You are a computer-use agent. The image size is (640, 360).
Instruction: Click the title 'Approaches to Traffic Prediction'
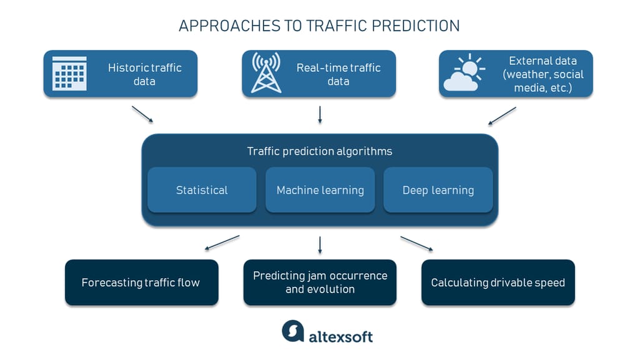[319, 26]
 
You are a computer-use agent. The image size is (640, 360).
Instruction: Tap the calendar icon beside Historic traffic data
[69, 74]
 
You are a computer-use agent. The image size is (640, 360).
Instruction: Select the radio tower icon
[266, 73]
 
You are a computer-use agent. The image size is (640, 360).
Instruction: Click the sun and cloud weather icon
[464, 74]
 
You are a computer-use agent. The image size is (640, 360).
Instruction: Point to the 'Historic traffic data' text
[144, 74]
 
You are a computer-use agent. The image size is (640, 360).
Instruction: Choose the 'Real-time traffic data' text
[338, 74]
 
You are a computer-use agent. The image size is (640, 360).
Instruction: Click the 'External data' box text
[543, 74]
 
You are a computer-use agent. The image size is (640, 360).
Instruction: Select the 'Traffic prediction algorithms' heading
[320, 151]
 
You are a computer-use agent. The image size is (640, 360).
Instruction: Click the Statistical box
[202, 190]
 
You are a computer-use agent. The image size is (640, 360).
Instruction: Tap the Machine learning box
[320, 190]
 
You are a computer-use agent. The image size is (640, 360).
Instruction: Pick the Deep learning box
[438, 190]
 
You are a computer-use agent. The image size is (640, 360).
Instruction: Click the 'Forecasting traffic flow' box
[141, 283]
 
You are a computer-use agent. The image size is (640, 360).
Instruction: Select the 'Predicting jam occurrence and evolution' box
[320, 283]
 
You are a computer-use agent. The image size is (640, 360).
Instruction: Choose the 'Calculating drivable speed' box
[498, 283]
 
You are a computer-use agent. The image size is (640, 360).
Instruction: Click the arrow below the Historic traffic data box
[142, 114]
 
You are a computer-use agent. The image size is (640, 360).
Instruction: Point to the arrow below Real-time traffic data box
[320, 114]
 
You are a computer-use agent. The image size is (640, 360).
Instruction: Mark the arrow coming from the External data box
[502, 115]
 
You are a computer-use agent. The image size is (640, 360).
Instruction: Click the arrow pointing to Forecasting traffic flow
[222, 243]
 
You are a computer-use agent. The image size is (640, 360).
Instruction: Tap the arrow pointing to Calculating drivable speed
[416, 243]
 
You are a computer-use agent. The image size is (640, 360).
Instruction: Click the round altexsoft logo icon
[293, 331]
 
